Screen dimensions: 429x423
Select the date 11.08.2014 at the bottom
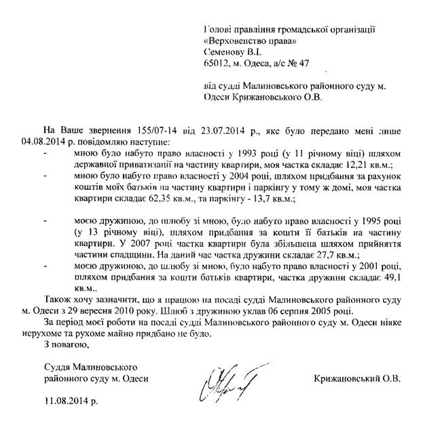70,401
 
